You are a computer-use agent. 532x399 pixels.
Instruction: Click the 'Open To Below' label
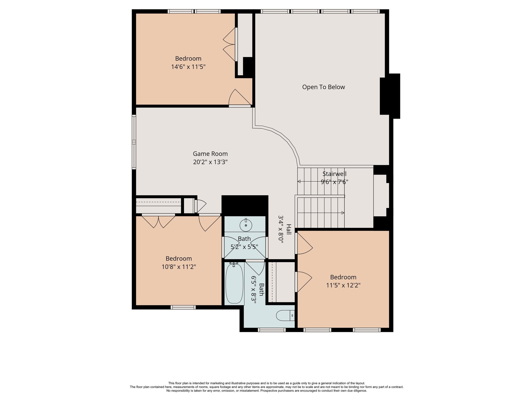point(323,87)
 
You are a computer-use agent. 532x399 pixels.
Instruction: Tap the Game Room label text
point(210,154)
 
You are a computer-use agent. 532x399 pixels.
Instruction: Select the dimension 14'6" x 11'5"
point(188,67)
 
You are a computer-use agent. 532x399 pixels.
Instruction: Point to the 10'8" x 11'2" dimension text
point(179,267)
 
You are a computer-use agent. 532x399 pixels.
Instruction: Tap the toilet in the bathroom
point(285,316)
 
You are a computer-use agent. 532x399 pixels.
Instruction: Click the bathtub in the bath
point(234,283)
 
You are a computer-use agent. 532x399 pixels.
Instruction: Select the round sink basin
point(246,225)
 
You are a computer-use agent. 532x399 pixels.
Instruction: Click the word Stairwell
point(334,174)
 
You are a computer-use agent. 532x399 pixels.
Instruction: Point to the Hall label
point(289,229)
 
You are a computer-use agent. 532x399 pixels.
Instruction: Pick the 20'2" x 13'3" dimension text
point(210,162)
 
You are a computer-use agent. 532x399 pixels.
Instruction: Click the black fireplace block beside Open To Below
point(390,96)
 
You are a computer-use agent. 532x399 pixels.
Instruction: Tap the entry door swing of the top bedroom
point(240,98)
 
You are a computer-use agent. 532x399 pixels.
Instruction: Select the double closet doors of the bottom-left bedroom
point(158,221)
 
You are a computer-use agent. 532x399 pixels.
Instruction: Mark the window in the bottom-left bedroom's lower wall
point(183,307)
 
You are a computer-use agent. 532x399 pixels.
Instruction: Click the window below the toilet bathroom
point(272,330)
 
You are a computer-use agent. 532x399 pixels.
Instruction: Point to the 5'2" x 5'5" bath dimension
point(244,247)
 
